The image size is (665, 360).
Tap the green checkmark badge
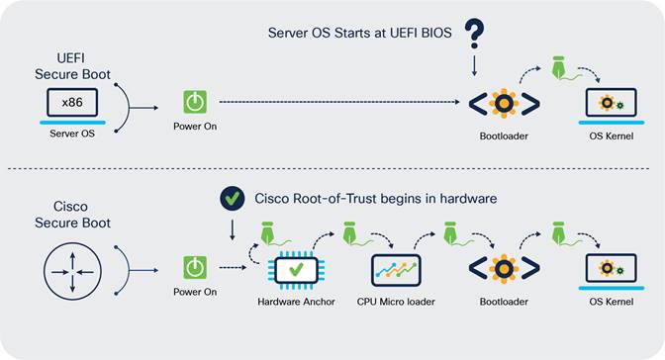tap(232, 200)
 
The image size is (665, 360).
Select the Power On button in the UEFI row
tap(195, 102)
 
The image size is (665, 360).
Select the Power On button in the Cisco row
tap(195, 268)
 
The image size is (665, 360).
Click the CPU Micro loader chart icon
tap(396, 268)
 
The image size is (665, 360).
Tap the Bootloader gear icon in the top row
tap(504, 103)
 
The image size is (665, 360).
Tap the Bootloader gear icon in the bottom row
tap(504, 269)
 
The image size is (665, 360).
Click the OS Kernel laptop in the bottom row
tap(609, 269)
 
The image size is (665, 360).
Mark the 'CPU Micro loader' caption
tap(396, 301)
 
